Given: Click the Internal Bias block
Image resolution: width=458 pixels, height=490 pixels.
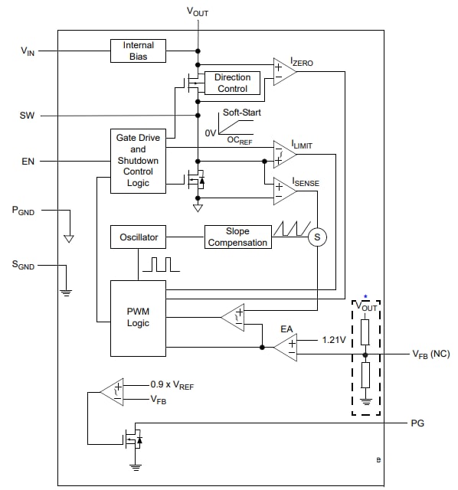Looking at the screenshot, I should pos(138,51).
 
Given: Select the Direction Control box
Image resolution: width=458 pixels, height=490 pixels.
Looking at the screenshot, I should pos(232,83).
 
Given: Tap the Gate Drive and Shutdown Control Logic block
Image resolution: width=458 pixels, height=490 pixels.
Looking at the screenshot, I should pos(138,161).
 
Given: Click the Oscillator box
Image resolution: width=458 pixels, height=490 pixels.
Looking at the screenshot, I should pos(138,237).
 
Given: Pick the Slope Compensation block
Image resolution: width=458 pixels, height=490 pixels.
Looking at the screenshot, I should pos(237,237).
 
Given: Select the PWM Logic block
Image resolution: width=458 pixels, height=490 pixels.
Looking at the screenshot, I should pos(138,318).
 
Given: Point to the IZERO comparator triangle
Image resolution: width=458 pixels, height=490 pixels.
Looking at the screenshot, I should pos(283,70).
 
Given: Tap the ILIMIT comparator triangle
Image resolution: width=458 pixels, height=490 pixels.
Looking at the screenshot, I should pos(283,153).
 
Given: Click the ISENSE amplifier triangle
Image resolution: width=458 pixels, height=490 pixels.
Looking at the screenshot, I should pos(283,191).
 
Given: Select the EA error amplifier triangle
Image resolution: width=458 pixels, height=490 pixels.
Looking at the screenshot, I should pos(286,347).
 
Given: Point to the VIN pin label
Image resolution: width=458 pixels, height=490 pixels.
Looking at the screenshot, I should pos(28,51).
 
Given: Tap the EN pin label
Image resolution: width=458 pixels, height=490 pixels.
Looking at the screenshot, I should pos(28,162).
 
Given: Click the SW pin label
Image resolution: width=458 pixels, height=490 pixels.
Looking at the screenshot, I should pos(28,116).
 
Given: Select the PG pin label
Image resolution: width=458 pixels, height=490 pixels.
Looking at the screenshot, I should pos(417,423).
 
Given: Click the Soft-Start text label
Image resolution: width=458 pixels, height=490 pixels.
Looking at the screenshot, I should pos(240,113).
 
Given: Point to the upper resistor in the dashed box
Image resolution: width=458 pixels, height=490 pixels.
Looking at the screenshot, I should pos(365,331).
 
